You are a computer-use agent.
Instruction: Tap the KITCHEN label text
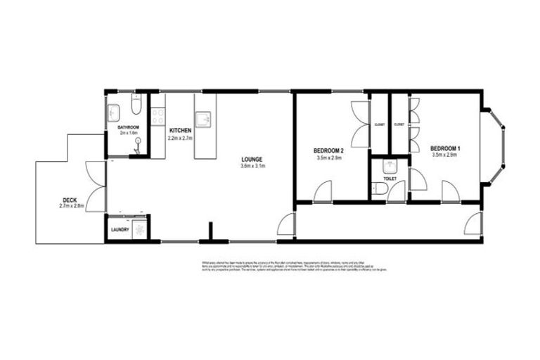[180, 130]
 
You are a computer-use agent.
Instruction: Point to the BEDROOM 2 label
[328, 150]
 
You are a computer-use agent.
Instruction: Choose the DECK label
[70, 200]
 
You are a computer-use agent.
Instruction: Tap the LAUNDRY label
[119, 230]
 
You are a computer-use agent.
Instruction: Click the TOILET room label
[390, 179]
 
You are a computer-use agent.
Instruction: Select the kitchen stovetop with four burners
[158, 115]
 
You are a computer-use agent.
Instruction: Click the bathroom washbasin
[114, 111]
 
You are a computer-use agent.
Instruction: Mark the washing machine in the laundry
[139, 229]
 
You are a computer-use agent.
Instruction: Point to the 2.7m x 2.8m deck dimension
[70, 207]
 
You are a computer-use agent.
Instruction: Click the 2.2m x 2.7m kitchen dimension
[180, 138]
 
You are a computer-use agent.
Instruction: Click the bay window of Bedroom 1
[500, 141]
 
